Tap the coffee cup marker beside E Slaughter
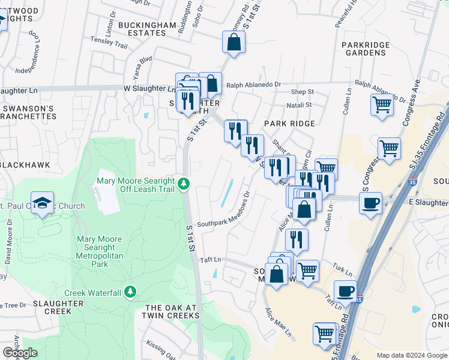[x=371, y=202]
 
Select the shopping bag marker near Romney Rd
[x=234, y=43]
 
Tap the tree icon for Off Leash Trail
[x=186, y=184]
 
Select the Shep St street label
[x=302, y=92]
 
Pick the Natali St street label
[x=300, y=104]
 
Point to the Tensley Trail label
[x=109, y=46]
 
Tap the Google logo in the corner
[x=20, y=353]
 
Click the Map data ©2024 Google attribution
[x=412, y=355]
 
